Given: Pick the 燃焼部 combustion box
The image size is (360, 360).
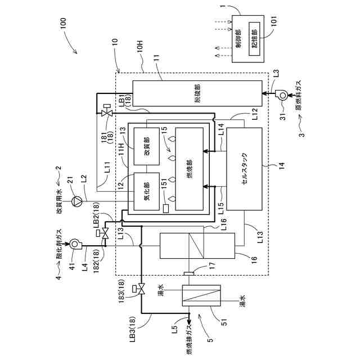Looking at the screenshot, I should click(x=189, y=169).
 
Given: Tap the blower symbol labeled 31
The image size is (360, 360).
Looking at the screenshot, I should click(x=280, y=96).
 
